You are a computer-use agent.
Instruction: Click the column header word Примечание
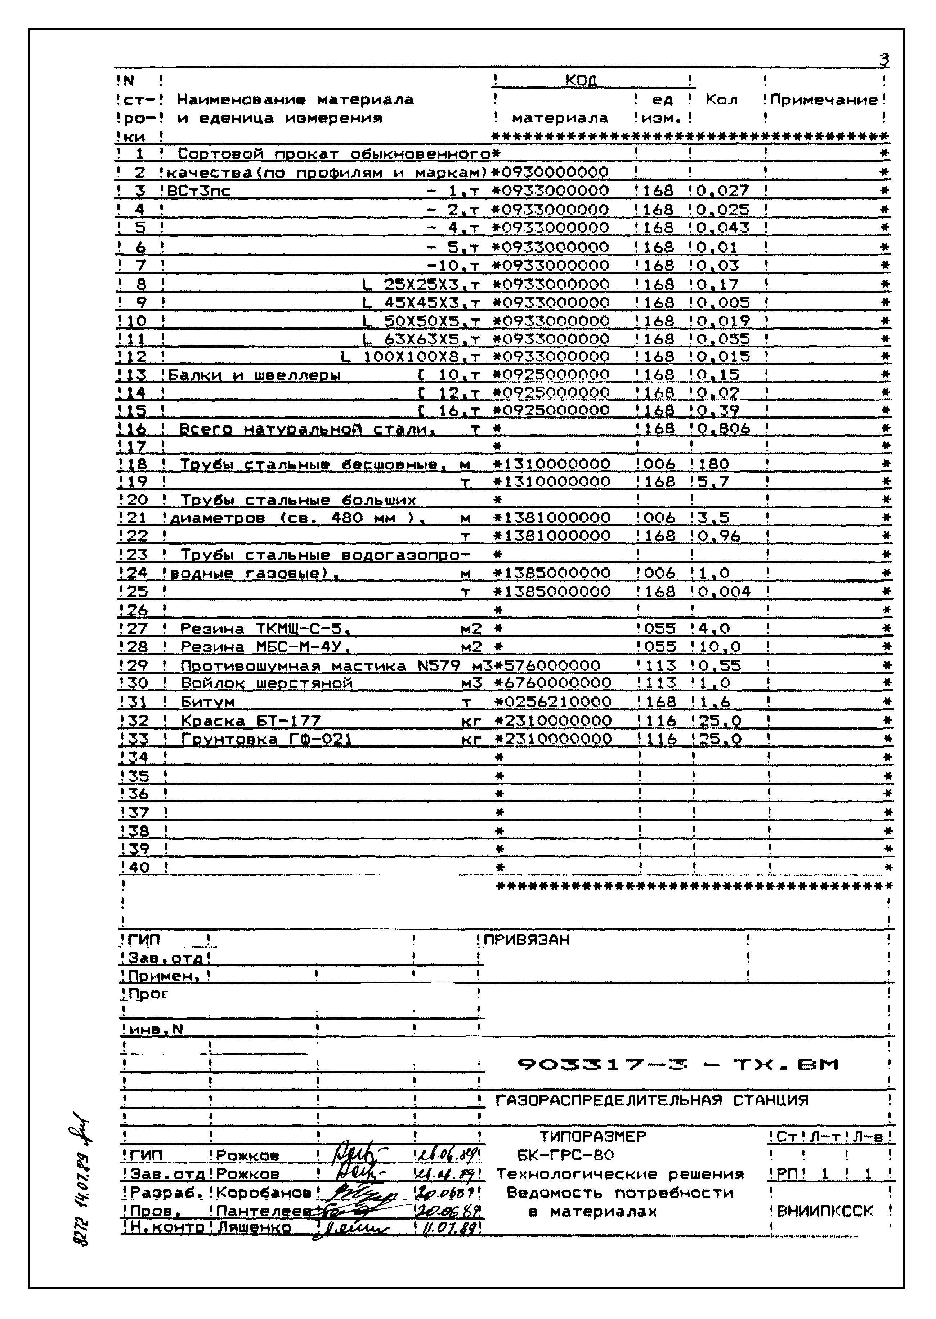[824, 100]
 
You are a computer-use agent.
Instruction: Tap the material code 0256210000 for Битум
[553, 701]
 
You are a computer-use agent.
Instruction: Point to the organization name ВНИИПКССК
[825, 1211]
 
